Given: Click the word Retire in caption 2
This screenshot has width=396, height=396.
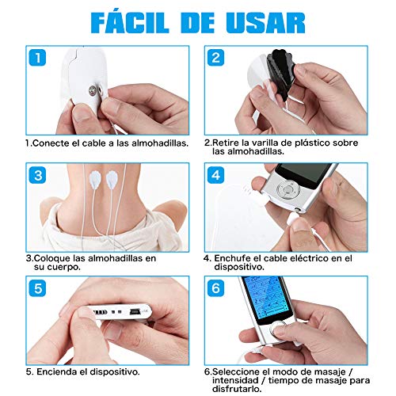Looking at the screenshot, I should coord(228,143).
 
